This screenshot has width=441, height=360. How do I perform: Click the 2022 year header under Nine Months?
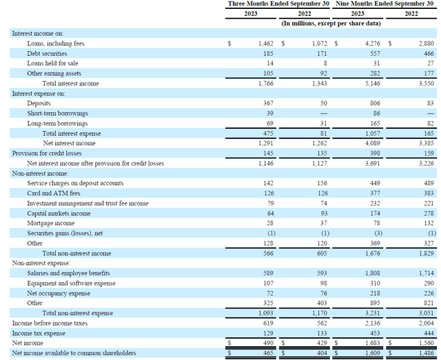(x=411, y=14)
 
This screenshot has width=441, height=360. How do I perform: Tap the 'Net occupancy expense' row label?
(x=59, y=293)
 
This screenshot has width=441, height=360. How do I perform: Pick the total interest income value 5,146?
(x=371, y=83)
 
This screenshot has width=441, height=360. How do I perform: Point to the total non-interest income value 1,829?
(x=426, y=253)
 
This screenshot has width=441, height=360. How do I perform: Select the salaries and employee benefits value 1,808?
(x=371, y=273)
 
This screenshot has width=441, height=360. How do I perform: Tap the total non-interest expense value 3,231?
(x=371, y=313)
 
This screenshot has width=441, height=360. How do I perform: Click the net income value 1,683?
(x=371, y=342)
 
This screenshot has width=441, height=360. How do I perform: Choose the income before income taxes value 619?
(x=268, y=322)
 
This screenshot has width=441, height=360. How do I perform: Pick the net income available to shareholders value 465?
(x=268, y=352)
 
